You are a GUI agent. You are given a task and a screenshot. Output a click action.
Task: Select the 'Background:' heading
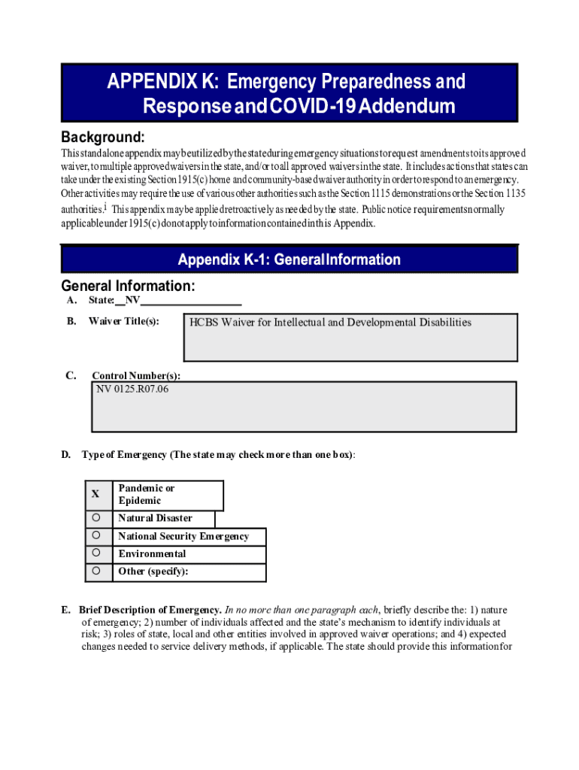click(102, 138)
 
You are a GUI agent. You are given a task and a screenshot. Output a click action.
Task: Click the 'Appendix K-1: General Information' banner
click(289, 260)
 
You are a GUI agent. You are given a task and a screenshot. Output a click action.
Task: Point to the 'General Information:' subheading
click(128, 286)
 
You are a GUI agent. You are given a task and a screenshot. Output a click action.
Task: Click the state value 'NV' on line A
click(132, 301)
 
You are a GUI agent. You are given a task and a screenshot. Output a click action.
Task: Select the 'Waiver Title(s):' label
click(123, 322)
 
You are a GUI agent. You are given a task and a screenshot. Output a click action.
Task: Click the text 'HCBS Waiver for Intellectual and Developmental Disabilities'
click(330, 323)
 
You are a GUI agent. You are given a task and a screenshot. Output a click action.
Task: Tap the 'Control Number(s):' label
click(135, 376)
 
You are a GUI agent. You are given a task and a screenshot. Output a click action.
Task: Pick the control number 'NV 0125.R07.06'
click(132, 390)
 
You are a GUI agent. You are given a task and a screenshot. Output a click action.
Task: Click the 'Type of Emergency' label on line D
click(124, 455)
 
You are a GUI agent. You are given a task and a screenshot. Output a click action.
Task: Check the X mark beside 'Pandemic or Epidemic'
click(95, 495)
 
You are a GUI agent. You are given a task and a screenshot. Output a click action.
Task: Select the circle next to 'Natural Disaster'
click(96, 518)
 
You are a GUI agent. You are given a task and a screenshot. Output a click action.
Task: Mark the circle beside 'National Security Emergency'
click(96, 536)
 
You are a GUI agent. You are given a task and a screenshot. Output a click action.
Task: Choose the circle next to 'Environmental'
click(96, 553)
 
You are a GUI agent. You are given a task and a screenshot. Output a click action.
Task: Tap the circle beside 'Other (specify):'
click(96, 571)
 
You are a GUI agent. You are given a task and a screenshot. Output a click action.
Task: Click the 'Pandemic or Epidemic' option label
click(146, 494)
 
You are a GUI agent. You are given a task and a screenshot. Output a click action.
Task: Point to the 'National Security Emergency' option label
click(181, 536)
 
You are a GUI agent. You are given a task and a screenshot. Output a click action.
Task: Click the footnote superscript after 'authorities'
click(106, 206)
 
